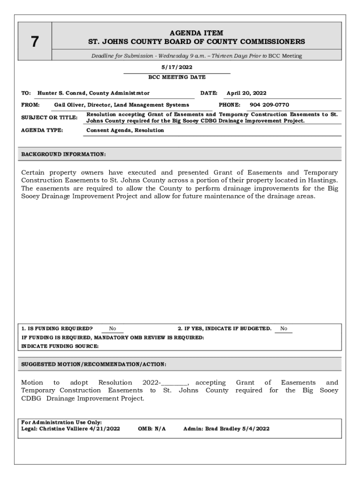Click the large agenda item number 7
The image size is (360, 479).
(x=35, y=42)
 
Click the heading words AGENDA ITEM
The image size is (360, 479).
(x=196, y=33)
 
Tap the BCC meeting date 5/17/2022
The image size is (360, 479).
(x=177, y=67)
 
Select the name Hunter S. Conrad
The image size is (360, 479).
(x=62, y=93)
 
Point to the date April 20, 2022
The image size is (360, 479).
(x=246, y=93)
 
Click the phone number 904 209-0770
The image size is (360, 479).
(x=269, y=105)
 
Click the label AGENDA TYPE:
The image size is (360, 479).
(x=42, y=131)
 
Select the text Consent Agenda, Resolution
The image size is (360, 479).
(x=125, y=131)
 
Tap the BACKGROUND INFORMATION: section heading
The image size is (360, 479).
(x=64, y=154)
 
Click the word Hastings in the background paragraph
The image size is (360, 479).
(x=323, y=180)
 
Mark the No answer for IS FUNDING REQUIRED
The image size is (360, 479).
(x=113, y=329)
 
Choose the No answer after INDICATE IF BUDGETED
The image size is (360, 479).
(x=284, y=329)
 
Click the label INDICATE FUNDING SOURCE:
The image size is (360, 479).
(x=60, y=346)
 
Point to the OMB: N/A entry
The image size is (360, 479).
(x=152, y=428)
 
